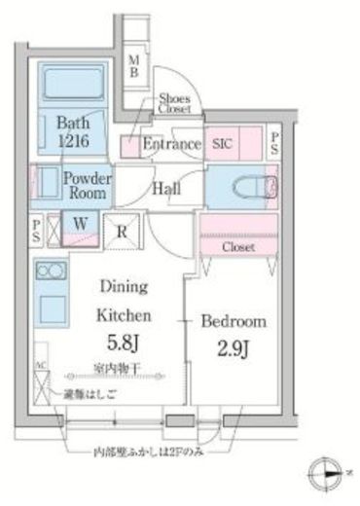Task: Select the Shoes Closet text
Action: [x=175, y=104]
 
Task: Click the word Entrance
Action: [x=171, y=145]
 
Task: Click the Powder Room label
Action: [x=87, y=185]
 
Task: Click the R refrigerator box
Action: [x=121, y=233]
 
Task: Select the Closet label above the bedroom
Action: [x=237, y=248]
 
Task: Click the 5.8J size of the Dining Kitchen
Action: [x=124, y=342]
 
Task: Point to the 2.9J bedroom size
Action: [x=236, y=347]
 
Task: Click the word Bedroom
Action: [x=235, y=321]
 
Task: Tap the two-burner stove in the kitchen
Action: [x=49, y=271]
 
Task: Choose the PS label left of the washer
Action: [x=37, y=230]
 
